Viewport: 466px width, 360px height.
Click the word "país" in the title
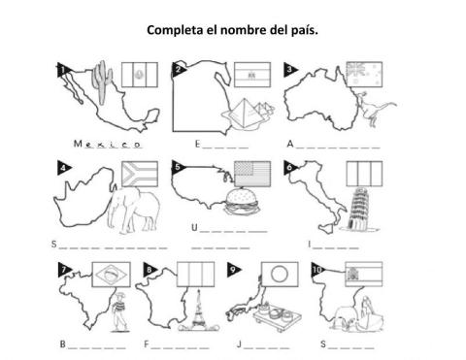pyautogui.click(x=306, y=30)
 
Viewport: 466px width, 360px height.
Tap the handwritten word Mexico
pyautogui.click(x=108, y=144)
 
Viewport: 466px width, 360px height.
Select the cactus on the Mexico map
pyautogui.click(x=102, y=82)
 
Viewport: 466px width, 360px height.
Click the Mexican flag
pyautogui.click(x=140, y=75)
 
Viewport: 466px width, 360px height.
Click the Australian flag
pyautogui.click(x=364, y=74)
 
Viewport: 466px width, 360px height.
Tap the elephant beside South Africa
pyautogui.click(x=134, y=209)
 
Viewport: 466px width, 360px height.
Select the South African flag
pyautogui.click(x=140, y=174)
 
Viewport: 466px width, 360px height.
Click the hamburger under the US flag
pyautogui.click(x=242, y=202)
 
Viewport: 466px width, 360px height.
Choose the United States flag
pyautogui.click(x=252, y=174)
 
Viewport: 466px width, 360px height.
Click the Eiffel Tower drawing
pyautogui.click(x=198, y=311)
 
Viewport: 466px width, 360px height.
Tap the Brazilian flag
pyautogui.click(x=112, y=275)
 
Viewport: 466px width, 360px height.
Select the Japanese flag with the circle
pyautogui.click(x=280, y=275)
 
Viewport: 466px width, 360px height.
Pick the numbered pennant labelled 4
pyautogui.click(x=64, y=168)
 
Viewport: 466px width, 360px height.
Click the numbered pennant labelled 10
pyautogui.click(x=318, y=270)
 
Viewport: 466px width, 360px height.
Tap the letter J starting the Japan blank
pyautogui.click(x=239, y=344)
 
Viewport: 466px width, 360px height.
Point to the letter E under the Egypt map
pyautogui.click(x=198, y=144)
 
